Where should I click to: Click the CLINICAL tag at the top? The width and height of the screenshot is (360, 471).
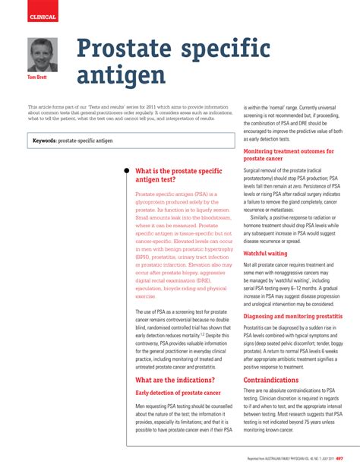click(x=42, y=17)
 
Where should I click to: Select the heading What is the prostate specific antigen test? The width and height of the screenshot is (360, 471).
click(x=178, y=176)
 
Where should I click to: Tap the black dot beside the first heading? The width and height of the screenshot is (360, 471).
click(x=126, y=171)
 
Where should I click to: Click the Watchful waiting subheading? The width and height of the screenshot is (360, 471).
click(x=265, y=232)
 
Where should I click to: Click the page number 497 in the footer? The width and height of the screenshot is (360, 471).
click(x=339, y=458)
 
